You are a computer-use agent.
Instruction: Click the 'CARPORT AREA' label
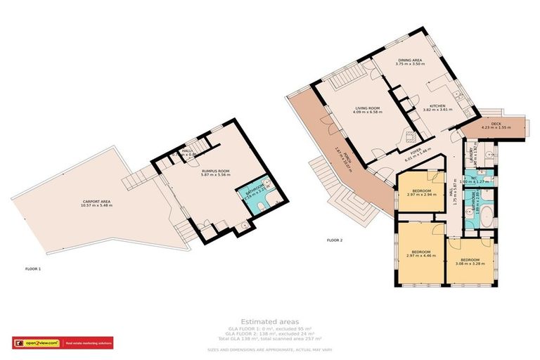coord(96,204)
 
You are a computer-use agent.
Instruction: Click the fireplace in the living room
coord(409,135)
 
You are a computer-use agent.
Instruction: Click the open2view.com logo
coord(37,343)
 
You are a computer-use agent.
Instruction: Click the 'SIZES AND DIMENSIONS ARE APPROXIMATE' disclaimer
coord(269,349)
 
